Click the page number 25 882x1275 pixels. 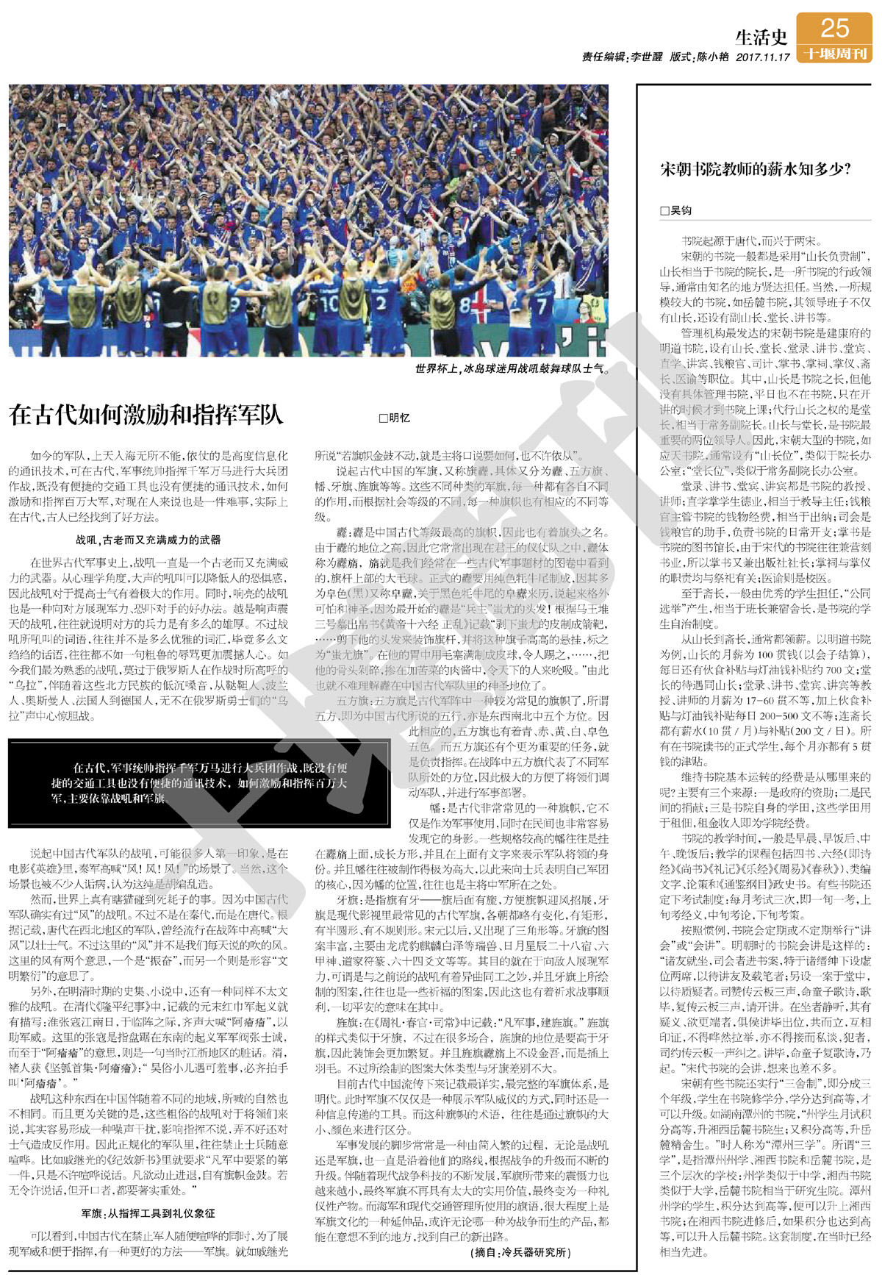tap(834, 29)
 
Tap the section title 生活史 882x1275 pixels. tap(761, 37)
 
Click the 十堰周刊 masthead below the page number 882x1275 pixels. tap(834, 54)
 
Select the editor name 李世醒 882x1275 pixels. tap(646, 57)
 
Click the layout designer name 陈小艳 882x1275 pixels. tap(713, 57)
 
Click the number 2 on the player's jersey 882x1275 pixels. tap(381, 301)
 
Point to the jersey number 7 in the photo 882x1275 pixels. tap(541, 306)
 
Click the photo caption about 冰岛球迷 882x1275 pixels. tap(512, 368)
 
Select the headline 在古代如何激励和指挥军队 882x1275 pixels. tap(146, 415)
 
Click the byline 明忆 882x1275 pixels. tap(395, 418)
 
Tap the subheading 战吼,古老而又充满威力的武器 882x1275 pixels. tap(148, 540)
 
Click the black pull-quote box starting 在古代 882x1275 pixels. tap(198, 783)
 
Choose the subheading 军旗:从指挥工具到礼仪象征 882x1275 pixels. tap(148, 1213)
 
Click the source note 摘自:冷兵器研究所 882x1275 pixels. tap(521, 1252)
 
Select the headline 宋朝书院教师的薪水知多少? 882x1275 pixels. tap(756, 170)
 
